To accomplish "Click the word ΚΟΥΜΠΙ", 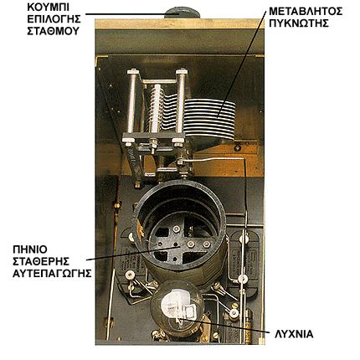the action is coord(49,8).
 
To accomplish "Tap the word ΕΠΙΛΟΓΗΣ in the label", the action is coord(54,19).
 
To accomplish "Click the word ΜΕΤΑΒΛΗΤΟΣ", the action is coord(306,12).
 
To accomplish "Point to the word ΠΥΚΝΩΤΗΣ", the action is coord(299,23).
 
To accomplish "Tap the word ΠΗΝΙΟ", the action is coord(30,249).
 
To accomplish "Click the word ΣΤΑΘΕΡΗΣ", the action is coord(41,261).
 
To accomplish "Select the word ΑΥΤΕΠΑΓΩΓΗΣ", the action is coord(52,273).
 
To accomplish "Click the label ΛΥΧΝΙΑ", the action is coord(294,334).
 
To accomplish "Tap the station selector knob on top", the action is coord(183,13).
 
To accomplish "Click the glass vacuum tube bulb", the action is coord(177,308).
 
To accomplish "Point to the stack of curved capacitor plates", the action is coord(209,117).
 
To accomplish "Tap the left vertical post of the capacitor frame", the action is coord(131,102).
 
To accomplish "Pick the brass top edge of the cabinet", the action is coord(179,23).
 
